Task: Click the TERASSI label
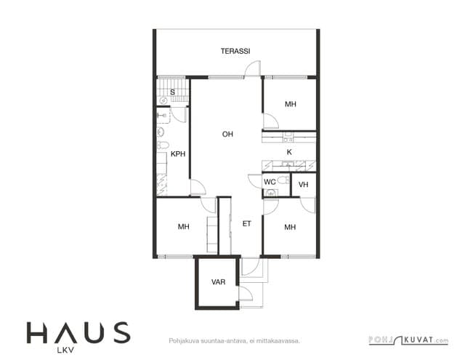coord(235,51)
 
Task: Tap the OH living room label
coord(227,134)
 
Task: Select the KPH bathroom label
coord(178,153)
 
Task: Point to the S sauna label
coord(172,92)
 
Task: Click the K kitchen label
coord(289,152)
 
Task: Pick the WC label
coord(270,182)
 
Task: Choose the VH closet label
coord(304,185)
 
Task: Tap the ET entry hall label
coord(247,224)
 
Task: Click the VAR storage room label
coord(218,282)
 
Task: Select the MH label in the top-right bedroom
coord(291,104)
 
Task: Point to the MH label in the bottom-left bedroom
coord(184,227)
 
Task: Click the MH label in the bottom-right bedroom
coord(290,228)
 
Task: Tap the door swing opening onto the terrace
coord(253,69)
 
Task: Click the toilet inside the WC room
coord(283,180)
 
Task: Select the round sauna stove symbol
coord(163,100)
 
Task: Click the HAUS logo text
coord(78,332)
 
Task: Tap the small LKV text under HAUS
coord(65,351)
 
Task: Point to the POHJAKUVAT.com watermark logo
coord(408,340)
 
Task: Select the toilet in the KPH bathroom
coord(163,145)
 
